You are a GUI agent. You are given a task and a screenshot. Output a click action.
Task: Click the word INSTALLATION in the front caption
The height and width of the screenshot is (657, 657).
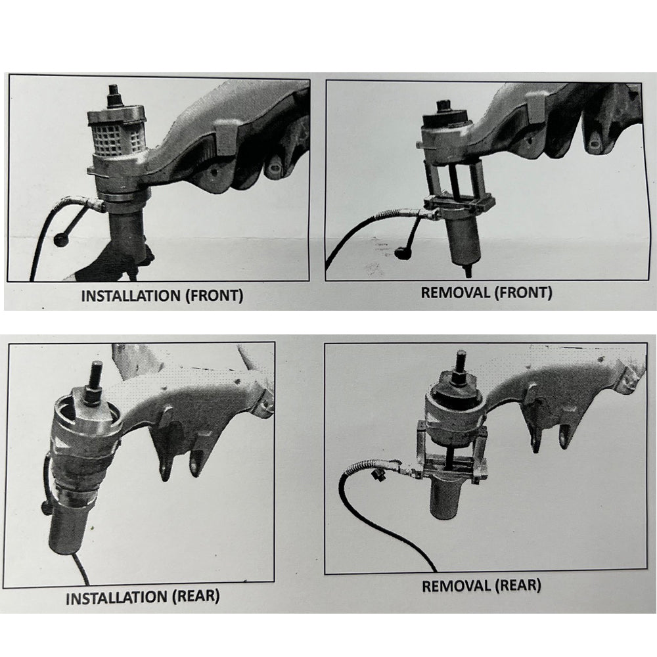click(131, 296)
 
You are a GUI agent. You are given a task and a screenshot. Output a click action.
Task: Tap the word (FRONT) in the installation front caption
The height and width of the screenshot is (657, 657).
click(214, 296)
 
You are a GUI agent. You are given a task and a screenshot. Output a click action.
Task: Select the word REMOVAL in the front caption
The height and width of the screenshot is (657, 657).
click(455, 292)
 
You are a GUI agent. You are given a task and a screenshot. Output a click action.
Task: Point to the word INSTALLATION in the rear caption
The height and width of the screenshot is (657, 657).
click(116, 597)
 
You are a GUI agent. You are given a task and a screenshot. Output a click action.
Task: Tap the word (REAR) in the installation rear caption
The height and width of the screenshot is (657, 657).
click(196, 596)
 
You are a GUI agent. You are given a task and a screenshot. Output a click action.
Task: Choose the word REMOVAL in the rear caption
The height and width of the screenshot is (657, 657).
click(457, 586)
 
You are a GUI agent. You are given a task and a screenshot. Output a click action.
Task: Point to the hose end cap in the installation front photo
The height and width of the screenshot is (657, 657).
click(62, 240)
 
